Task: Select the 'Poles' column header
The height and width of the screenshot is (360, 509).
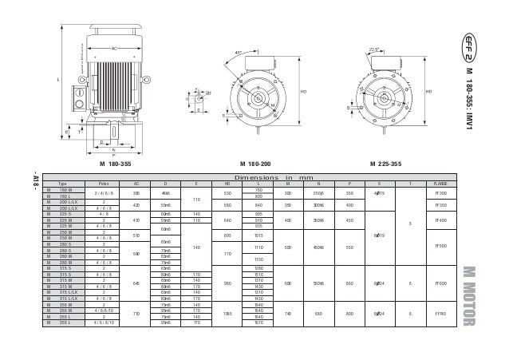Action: [x=104, y=184]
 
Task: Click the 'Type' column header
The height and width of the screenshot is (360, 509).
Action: [x=61, y=184]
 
